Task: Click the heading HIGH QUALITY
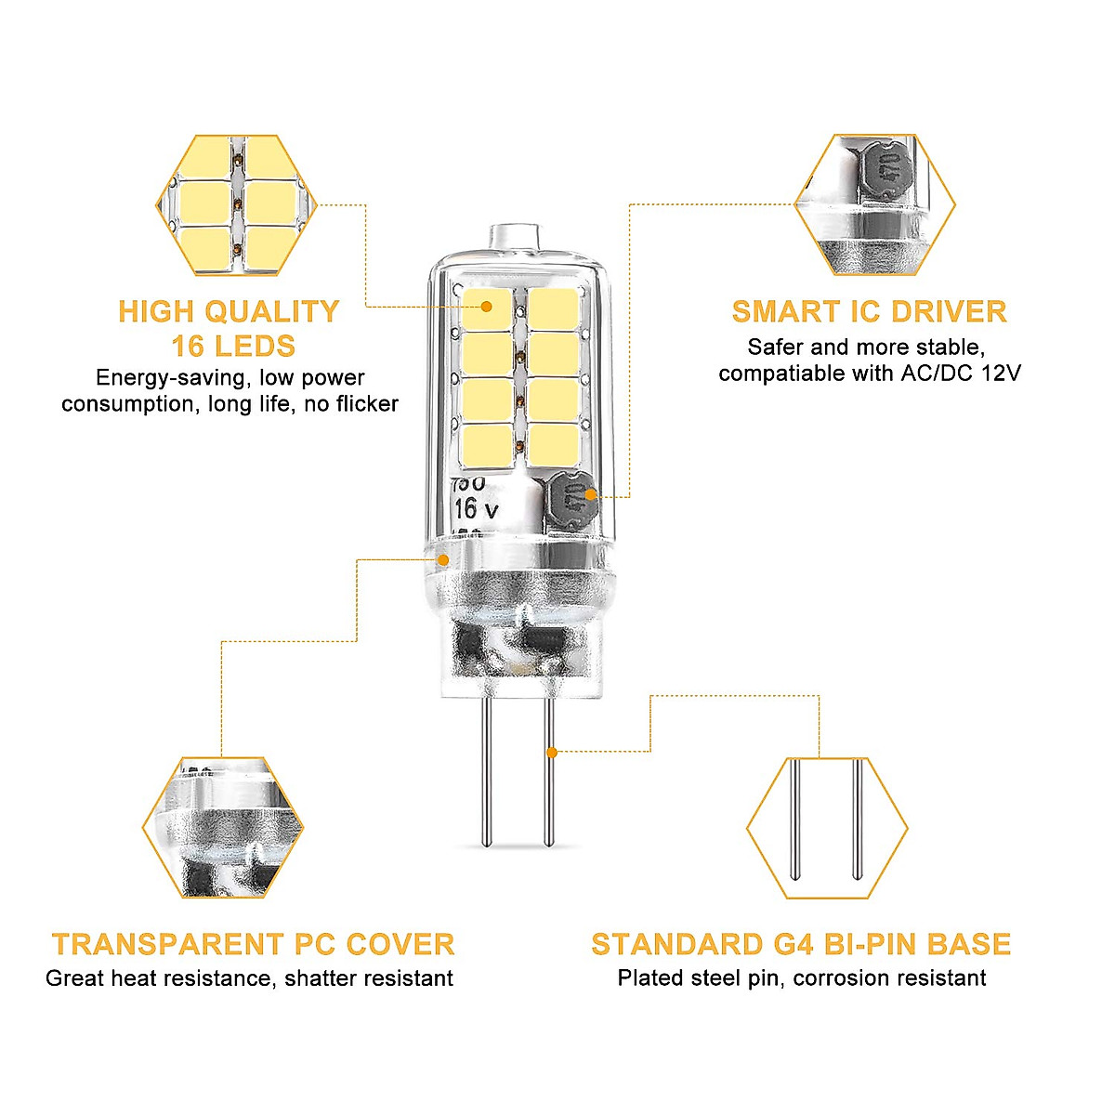coord(229,312)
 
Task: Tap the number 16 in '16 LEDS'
coord(187,347)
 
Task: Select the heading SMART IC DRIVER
coord(869,312)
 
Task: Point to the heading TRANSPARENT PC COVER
coord(253,944)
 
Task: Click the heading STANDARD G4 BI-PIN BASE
coord(800,944)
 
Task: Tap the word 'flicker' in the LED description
coord(366,404)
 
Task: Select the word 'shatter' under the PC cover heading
coord(321,978)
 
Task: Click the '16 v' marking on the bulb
coord(477,509)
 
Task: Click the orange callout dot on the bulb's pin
coord(552,752)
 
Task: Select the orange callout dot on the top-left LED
coord(486,306)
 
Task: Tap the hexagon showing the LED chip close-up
coord(237,205)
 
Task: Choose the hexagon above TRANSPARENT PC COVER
coord(223,827)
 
